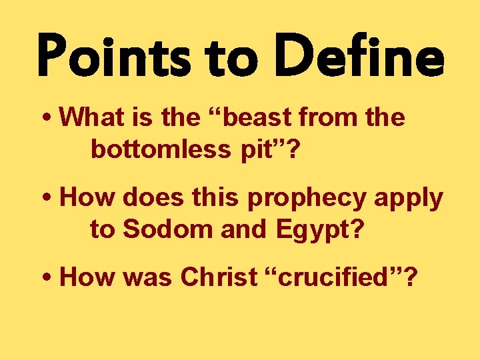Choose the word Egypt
coord(328,231)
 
